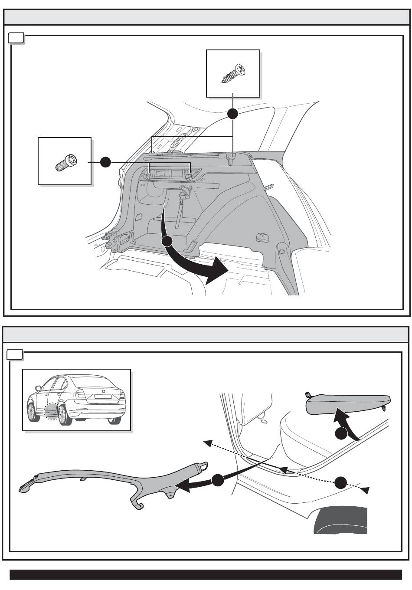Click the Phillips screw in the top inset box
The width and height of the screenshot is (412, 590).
pyautogui.click(x=232, y=74)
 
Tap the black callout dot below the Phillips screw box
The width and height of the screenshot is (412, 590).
pyautogui.click(x=233, y=114)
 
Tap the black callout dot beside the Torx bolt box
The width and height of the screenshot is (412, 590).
pyautogui.click(x=105, y=163)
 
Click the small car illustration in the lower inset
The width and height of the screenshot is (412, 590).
pyautogui.click(x=77, y=399)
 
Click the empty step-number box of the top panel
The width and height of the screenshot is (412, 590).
pyautogui.click(x=16, y=39)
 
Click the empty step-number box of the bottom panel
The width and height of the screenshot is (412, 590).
pyautogui.click(x=16, y=355)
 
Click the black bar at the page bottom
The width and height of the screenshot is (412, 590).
pyautogui.click(x=206, y=574)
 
